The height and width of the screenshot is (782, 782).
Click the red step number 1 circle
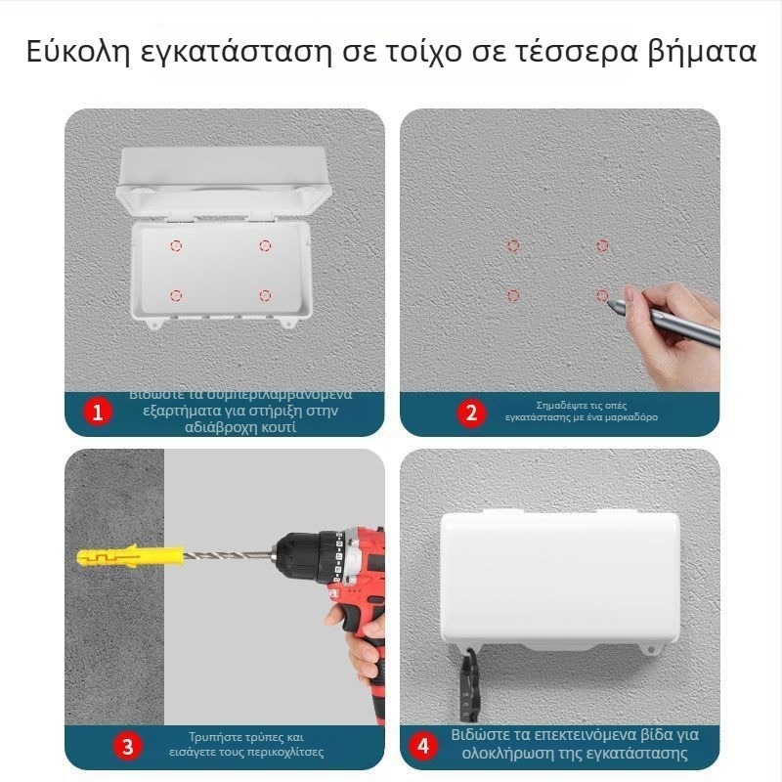pos(97,413)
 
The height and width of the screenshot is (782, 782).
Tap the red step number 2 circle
pos(471,413)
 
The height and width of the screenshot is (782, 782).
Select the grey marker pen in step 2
pos(665,322)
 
